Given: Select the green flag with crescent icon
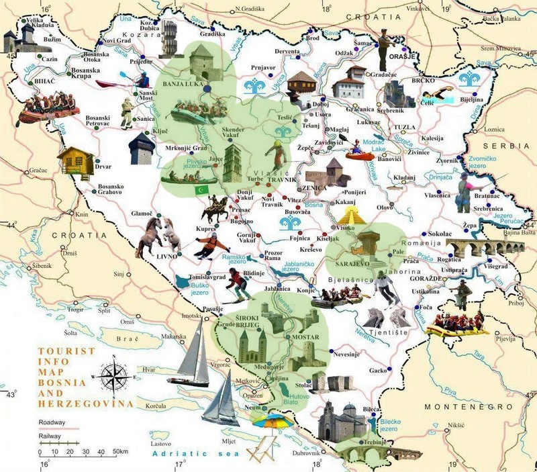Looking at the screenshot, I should coord(199,191).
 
